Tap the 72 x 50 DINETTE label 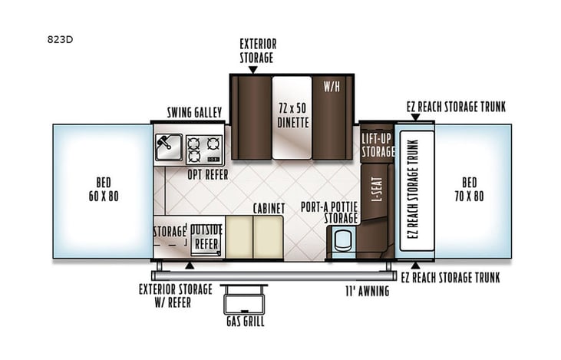pos(292,114)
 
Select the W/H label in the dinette pos(332,85)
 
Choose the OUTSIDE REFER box pos(206,236)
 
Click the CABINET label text pos(269,208)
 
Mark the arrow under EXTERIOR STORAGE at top pos(252,69)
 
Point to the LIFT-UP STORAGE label pos(378,144)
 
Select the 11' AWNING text pos(366,291)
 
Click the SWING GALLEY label pos(194,113)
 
